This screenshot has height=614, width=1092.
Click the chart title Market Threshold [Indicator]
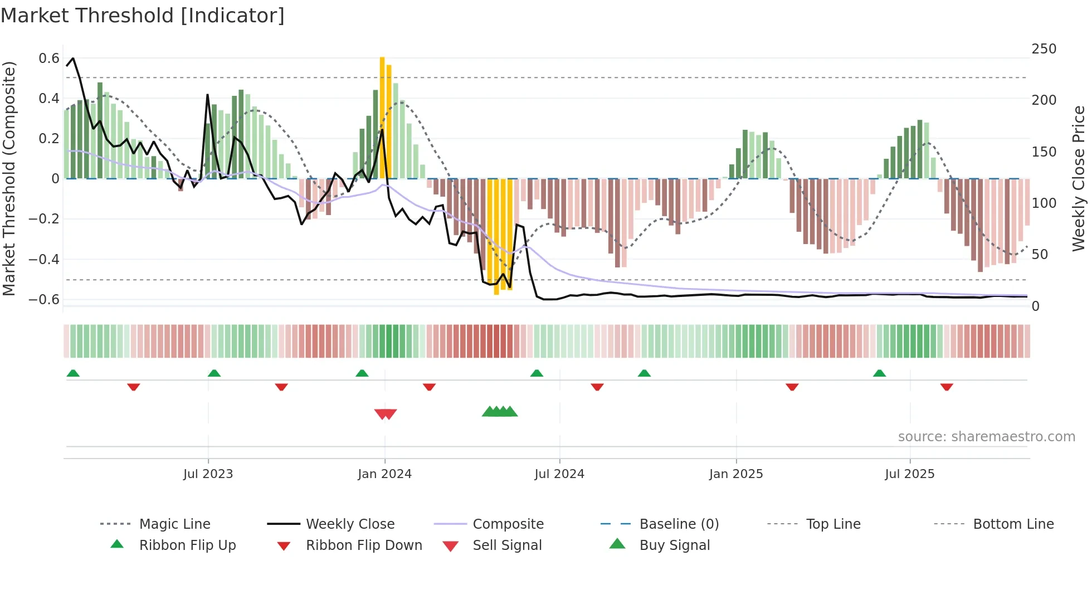pyautogui.click(x=143, y=16)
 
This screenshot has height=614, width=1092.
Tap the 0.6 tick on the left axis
pyautogui.click(x=49, y=59)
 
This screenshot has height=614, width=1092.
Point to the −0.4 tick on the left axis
pyautogui.click(x=44, y=259)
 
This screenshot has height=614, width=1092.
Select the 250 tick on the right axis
pyautogui.click(x=1044, y=49)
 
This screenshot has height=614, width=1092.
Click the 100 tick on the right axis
pyautogui.click(x=1044, y=203)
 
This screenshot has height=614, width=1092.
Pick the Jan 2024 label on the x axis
pyautogui.click(x=384, y=474)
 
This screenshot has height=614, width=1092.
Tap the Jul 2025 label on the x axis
pyautogui.click(x=909, y=474)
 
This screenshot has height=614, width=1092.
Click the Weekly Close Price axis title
pyautogui.click(x=1079, y=178)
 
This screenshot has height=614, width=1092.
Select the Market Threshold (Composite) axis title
pyautogui.click(x=9, y=178)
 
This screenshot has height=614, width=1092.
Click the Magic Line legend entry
pyautogui.click(x=174, y=524)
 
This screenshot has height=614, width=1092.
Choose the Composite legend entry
pyautogui.click(x=508, y=524)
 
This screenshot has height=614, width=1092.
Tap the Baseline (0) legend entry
pyautogui.click(x=679, y=524)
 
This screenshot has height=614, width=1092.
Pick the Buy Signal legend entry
pyautogui.click(x=674, y=545)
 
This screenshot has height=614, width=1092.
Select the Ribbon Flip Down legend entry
pyautogui.click(x=363, y=545)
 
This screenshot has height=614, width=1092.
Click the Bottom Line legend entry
pyautogui.click(x=1013, y=524)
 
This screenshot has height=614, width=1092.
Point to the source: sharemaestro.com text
pyautogui.click(x=986, y=437)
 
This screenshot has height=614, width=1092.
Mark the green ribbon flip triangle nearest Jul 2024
pyautogui.click(x=537, y=373)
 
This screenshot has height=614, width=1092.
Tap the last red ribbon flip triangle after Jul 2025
pyautogui.click(x=947, y=387)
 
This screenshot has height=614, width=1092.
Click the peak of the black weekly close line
pyautogui.click(x=73, y=59)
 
